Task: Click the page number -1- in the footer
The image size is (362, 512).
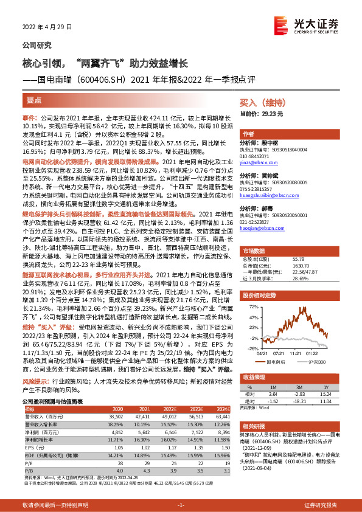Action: (181, 505)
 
